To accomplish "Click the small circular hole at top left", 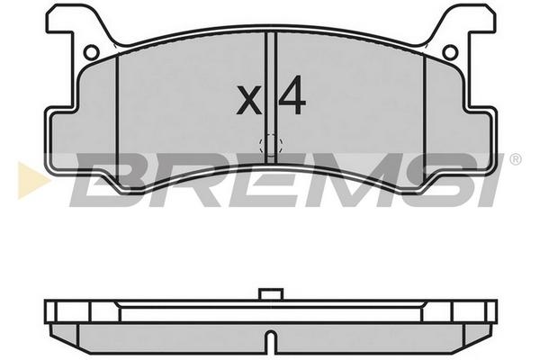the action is point(92,52).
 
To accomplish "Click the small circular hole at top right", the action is point(450,52).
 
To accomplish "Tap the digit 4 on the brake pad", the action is point(292,95).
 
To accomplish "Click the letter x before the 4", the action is point(248,101).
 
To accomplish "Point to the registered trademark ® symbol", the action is point(516,159).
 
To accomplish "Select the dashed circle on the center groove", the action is point(271,145).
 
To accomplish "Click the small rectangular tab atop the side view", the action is point(271,294).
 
